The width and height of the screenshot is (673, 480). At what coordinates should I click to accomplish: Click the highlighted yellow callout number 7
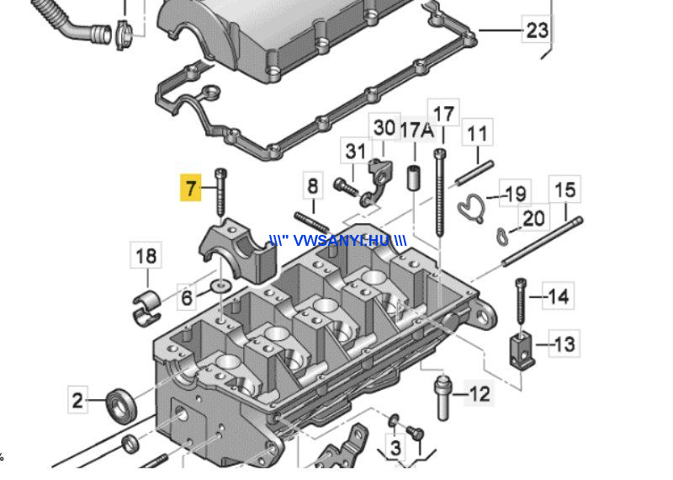tap(191, 188)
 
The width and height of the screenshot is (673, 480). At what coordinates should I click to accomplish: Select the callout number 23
tap(537, 30)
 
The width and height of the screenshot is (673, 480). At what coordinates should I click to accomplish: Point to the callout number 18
tap(146, 256)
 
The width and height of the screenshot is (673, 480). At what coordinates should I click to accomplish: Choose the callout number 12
tap(480, 393)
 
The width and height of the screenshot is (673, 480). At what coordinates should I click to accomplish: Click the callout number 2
tap(77, 400)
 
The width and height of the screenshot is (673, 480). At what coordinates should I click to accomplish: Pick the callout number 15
tap(564, 189)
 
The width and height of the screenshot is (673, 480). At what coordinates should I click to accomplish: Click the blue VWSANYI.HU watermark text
tap(338, 241)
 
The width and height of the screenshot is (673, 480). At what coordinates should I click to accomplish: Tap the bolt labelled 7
tap(221, 192)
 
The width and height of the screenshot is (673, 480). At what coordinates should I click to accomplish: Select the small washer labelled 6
tap(221, 285)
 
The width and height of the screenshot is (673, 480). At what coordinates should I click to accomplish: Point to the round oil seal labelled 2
tap(122, 406)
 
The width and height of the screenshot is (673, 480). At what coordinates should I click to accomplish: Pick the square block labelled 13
tap(522, 352)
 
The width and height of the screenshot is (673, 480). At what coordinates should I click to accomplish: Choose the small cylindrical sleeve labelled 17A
tap(413, 177)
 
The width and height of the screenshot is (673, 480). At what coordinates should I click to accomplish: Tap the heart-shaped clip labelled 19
tap(471, 208)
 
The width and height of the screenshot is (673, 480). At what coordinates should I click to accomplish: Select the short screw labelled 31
tap(346, 186)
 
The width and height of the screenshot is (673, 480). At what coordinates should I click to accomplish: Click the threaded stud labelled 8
tap(312, 221)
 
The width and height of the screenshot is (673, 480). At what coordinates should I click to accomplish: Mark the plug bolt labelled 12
tap(443, 398)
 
